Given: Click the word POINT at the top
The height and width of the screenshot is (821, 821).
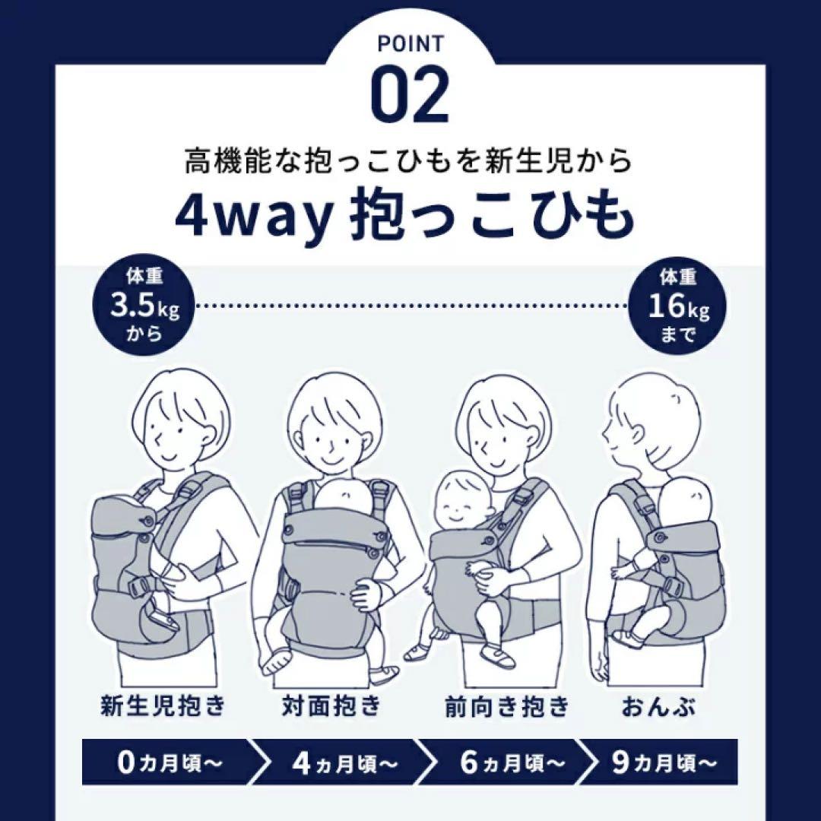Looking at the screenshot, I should pos(410,44).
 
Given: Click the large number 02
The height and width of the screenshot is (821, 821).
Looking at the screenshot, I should pos(410,97).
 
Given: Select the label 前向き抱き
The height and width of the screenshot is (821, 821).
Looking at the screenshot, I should pos(506,707).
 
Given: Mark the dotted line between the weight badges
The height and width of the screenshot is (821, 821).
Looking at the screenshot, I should pos(410,306).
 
